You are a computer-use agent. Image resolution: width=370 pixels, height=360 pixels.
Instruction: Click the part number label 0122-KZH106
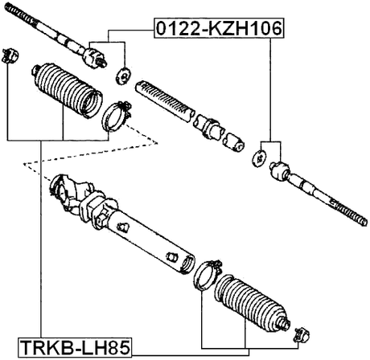218,30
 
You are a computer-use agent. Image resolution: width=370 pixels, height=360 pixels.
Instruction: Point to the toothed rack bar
165,96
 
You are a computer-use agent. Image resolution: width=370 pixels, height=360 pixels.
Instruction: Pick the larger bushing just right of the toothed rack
209,125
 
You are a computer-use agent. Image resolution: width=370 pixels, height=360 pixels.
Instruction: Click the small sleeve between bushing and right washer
235,141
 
